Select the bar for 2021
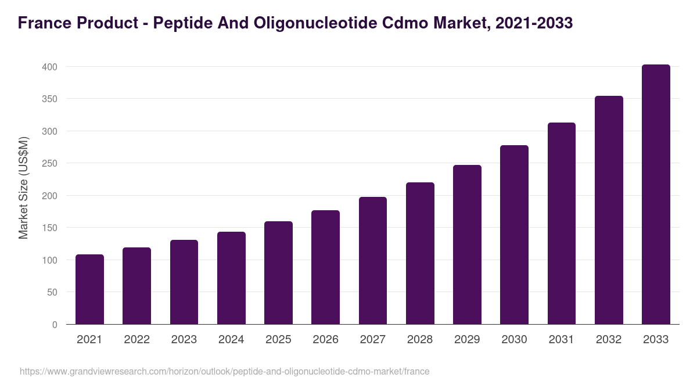click(x=89, y=289)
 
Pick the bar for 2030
click(x=514, y=235)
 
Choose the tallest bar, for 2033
click(x=656, y=194)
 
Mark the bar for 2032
click(x=609, y=210)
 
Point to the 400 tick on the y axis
click(x=50, y=67)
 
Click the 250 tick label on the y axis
click(x=50, y=164)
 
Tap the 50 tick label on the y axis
click(x=52, y=293)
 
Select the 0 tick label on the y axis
click(x=55, y=325)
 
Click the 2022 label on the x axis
click(x=136, y=340)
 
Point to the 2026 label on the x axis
click(x=325, y=340)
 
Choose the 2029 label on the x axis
click(x=467, y=340)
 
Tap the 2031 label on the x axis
click(x=562, y=340)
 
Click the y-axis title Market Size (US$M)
click(x=23, y=188)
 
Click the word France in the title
click(x=44, y=23)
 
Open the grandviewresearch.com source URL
click(x=224, y=371)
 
